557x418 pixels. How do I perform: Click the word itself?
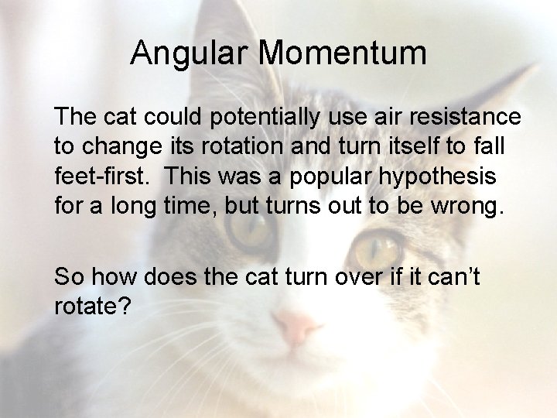coord(390,146)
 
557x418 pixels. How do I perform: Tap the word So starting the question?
coord(69,276)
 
